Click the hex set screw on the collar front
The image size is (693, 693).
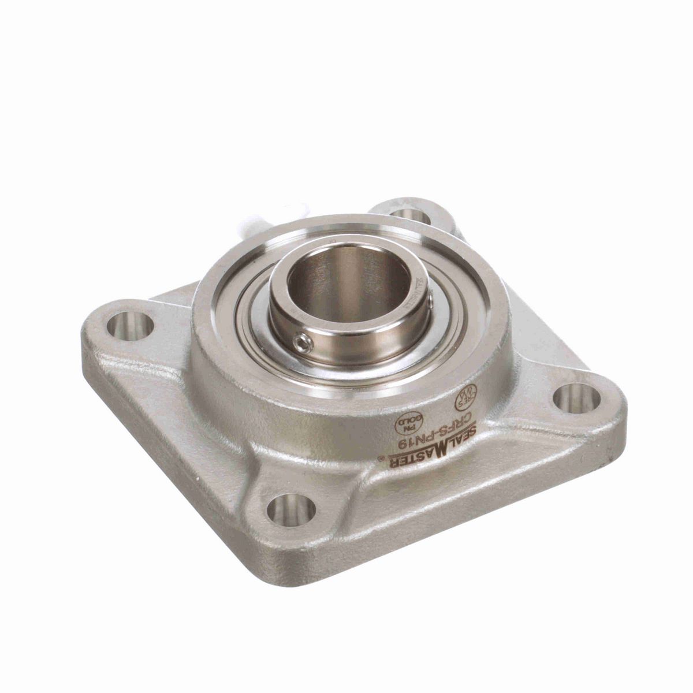coord(303,345)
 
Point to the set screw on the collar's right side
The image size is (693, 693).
coord(430,299)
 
